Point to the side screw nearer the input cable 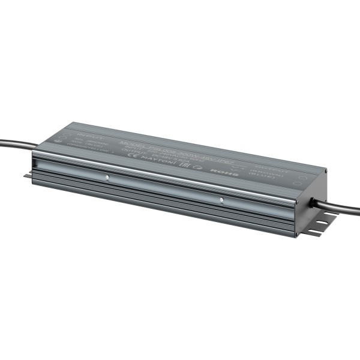pos(107,178)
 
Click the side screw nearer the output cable pos(221,200)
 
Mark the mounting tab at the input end pos(28,175)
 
